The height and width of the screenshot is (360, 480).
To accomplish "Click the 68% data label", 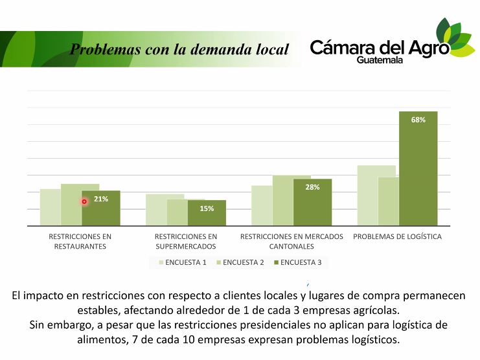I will [x=418, y=120].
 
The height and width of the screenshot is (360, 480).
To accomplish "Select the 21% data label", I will [x=101, y=199].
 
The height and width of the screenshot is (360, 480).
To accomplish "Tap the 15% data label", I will [x=207, y=208].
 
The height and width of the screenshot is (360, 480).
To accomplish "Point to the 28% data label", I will [x=312, y=187].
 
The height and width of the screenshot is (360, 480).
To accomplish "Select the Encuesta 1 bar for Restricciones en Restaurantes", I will [x=50, y=207].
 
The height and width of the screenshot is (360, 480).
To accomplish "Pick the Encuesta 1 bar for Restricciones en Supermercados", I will [x=155, y=210].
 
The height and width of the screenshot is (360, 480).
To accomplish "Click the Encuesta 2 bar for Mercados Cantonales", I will [x=282, y=201].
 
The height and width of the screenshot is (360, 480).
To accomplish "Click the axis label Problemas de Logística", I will [x=397, y=236].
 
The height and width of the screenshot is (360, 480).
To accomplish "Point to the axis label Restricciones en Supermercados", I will [x=186, y=241].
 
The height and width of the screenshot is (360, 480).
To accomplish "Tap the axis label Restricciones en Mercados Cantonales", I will [x=291, y=241].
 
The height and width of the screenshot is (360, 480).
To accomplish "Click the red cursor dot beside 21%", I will [x=84, y=201].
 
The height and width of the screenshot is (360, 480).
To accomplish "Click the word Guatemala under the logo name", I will [x=380, y=60].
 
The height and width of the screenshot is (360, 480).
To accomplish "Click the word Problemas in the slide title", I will [x=102, y=49].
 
